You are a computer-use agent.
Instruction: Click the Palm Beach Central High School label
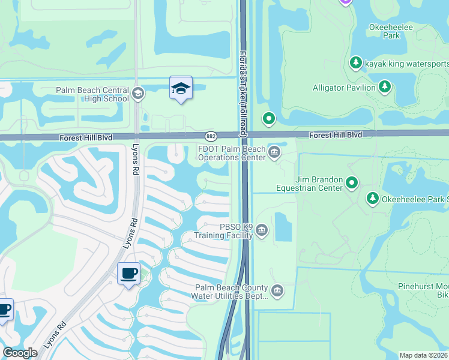pos(92,94)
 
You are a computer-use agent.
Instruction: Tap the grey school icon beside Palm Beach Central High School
pos(138,92)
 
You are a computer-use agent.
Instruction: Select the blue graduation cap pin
pos(181,88)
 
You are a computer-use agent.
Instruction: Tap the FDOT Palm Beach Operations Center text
pos(232,154)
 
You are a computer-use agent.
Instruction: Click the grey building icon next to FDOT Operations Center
pos(274,152)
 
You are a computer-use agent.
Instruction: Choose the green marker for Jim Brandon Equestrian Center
pos(352,182)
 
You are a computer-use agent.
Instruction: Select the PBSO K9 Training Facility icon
pos(262,230)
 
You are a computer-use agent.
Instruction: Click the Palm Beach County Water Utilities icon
pos(277,291)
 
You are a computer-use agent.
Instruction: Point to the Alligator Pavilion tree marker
pos(384,88)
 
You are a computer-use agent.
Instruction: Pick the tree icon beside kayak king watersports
pos(355,62)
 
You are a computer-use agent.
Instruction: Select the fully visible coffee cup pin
pos(128,274)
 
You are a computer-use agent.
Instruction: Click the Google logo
pos(20,353)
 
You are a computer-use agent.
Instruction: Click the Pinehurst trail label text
pos(423,291)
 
